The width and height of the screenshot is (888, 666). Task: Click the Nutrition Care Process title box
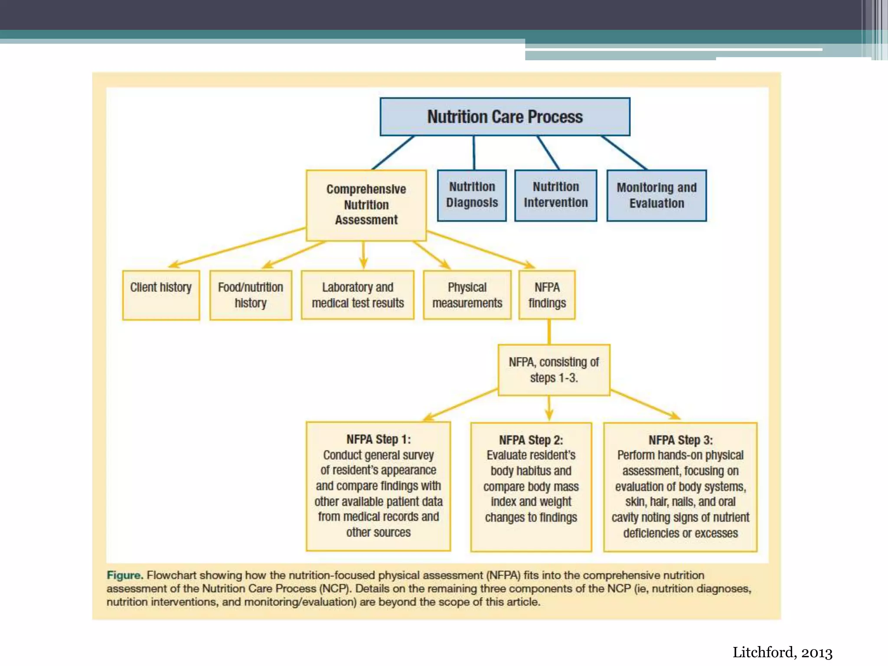pos(505,117)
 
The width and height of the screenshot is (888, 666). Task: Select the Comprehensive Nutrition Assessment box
pos(366,205)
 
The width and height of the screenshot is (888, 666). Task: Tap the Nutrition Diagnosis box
pos(472,195)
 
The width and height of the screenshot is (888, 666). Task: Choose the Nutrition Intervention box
pos(555,195)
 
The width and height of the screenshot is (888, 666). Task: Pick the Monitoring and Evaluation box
pos(656,196)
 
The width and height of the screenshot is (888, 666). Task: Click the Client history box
pos(161,295)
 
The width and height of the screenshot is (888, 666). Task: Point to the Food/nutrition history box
pos(251,295)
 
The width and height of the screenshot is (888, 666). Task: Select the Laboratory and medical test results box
pos(358,295)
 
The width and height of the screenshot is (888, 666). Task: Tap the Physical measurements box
pos(467,295)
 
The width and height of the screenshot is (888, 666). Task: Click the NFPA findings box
pos(547,295)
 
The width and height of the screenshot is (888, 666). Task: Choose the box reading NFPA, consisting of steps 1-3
pos(554,370)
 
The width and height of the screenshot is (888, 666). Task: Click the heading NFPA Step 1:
pos(378,439)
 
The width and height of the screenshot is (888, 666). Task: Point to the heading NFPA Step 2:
pos(531,440)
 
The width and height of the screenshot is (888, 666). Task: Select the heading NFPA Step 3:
pos(680,440)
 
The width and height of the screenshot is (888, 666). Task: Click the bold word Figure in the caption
pos(124,575)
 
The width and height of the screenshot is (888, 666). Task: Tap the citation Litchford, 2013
pos(782,653)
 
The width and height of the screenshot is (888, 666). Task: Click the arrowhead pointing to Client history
pos(174,264)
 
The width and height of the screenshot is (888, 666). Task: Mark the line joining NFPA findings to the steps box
pos(549,332)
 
